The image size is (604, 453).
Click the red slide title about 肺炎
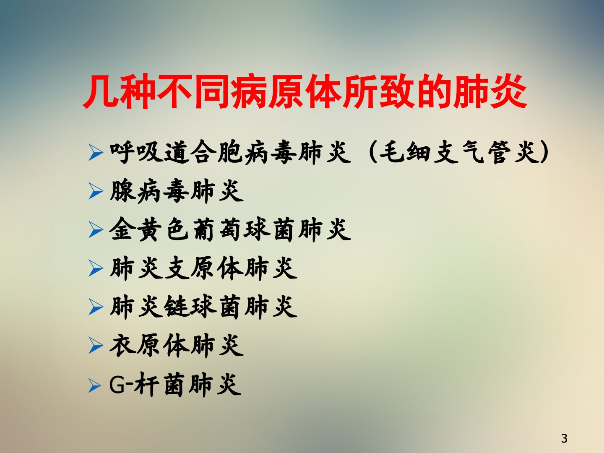tap(305, 91)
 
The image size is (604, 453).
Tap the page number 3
tap(564, 438)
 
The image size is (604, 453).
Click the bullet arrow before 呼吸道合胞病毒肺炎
tap(96, 152)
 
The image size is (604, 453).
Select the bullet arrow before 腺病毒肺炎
tap(96, 191)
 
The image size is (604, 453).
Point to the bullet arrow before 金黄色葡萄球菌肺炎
tap(96, 230)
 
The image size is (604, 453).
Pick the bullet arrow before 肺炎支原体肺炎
tap(96, 268)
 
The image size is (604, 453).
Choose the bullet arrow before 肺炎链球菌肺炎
tap(96, 307)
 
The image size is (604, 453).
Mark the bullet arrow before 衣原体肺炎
tap(96, 346)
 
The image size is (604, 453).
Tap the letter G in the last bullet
tap(117, 385)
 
